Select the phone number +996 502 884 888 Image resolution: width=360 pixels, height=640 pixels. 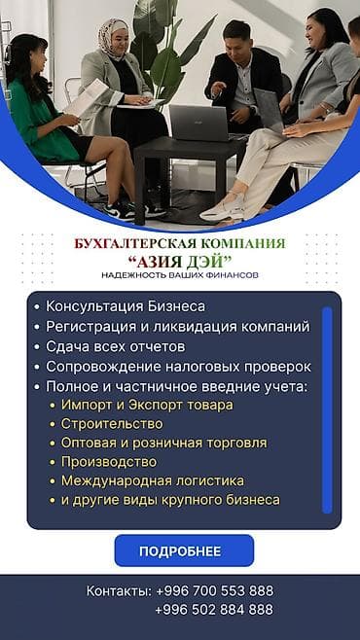tap(214, 610)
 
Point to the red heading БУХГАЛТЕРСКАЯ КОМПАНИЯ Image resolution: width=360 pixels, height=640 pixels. tap(179, 243)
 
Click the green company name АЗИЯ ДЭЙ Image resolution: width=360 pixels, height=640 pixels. tap(179, 261)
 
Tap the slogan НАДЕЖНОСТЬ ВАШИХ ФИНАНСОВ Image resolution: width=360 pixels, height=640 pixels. tap(179, 275)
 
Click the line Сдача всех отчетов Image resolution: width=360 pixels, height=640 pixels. tap(115, 346)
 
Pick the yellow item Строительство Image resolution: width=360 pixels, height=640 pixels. tap(112, 424)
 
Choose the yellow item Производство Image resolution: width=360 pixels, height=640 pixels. tap(109, 462)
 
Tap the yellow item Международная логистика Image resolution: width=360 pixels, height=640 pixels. tap(153, 480)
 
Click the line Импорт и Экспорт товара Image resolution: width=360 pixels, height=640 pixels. tap(147, 405)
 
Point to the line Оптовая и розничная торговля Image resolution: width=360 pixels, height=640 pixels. tap(163, 443)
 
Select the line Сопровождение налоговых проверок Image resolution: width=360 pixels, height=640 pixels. tap(178, 367)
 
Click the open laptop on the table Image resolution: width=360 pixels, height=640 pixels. tap(198, 122)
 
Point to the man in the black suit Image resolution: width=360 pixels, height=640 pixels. tap(243, 83)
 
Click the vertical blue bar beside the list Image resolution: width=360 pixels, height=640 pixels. tap(327, 409)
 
